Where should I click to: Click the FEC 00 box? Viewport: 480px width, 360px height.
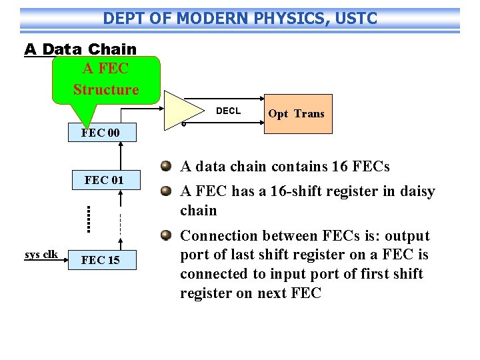click(x=101, y=133)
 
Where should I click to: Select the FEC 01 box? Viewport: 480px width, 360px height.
click(x=104, y=179)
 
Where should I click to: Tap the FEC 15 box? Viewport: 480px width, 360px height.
click(x=101, y=259)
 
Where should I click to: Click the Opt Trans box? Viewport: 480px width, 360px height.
click(x=296, y=114)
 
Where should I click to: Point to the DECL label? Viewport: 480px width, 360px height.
click(x=228, y=111)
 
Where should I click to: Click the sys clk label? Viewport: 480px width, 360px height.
click(x=41, y=254)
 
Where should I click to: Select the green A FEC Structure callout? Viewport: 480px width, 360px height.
click(x=106, y=79)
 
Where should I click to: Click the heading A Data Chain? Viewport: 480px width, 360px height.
click(x=80, y=49)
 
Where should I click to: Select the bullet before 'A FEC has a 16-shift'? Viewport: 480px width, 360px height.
click(x=167, y=191)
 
